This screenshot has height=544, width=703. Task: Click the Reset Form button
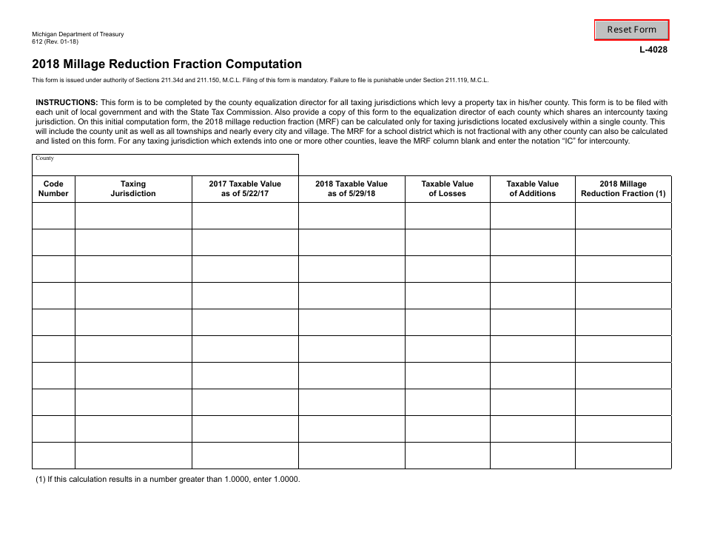[631, 30]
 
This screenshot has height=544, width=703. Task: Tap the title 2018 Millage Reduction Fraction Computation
[166, 64]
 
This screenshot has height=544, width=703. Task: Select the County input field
[165, 165]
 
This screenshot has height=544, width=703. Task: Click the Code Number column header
[53, 189]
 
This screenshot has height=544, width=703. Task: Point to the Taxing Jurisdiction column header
[133, 189]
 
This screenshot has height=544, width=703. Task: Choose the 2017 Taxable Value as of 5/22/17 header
[245, 189]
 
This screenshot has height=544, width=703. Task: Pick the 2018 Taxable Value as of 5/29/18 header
[351, 189]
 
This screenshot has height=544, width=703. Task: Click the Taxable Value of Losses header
[447, 189]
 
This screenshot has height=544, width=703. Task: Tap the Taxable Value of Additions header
[532, 189]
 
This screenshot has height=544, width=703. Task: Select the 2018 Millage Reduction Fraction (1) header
[623, 189]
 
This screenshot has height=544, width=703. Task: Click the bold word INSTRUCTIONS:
[67, 102]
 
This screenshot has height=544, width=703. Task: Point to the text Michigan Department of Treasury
[78, 35]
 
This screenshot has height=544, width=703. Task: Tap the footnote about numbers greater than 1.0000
[168, 479]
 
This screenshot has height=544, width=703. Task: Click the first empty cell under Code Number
[53, 216]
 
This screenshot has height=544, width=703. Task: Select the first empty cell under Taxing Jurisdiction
[133, 216]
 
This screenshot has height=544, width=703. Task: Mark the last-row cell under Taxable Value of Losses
[447, 455]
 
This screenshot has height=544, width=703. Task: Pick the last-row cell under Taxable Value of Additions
[532, 455]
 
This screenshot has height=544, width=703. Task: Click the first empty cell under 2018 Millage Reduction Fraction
[623, 216]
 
